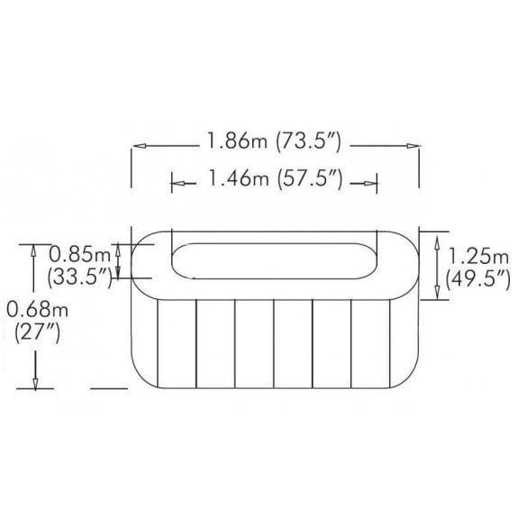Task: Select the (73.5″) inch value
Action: (x=311, y=142)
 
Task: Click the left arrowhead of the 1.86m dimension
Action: (x=139, y=143)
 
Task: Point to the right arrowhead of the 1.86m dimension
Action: (x=416, y=143)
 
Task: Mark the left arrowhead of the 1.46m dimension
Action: (x=177, y=184)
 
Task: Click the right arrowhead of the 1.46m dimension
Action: (x=370, y=184)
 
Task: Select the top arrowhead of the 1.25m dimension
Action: (x=439, y=238)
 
